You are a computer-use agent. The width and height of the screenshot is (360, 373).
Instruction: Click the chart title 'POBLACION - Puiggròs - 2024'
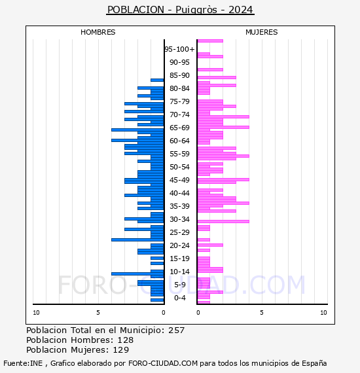(180, 10)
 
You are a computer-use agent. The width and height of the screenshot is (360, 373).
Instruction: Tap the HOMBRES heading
(98, 32)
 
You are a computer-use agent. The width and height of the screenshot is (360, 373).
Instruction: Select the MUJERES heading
(262, 32)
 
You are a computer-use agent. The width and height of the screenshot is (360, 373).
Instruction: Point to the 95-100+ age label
(179, 49)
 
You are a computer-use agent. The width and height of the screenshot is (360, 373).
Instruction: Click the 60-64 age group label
(179, 141)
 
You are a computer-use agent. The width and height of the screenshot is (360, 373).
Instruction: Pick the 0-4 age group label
(179, 298)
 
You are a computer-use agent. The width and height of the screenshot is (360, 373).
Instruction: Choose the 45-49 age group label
(179, 180)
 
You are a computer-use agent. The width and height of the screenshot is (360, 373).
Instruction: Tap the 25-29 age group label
(179, 232)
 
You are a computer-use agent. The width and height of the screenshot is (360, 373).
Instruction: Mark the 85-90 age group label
(179, 75)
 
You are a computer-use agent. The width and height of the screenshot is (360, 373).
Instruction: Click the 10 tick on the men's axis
(36, 313)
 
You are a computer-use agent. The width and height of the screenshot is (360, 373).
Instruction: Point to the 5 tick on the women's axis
(262, 313)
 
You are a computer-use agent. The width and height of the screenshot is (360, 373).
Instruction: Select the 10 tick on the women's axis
(323, 313)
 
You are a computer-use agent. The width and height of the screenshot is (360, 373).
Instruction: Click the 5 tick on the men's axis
(98, 313)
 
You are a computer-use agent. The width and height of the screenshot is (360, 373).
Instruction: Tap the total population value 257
(176, 330)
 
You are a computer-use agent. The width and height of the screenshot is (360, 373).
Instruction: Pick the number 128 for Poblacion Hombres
(126, 340)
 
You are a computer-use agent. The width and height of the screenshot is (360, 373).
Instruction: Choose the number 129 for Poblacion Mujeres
(121, 349)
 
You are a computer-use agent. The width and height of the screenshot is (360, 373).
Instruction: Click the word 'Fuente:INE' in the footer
(23, 363)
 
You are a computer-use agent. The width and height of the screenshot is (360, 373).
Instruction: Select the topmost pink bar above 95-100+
(210, 41)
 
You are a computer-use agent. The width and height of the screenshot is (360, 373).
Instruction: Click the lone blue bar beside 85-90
(157, 80)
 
